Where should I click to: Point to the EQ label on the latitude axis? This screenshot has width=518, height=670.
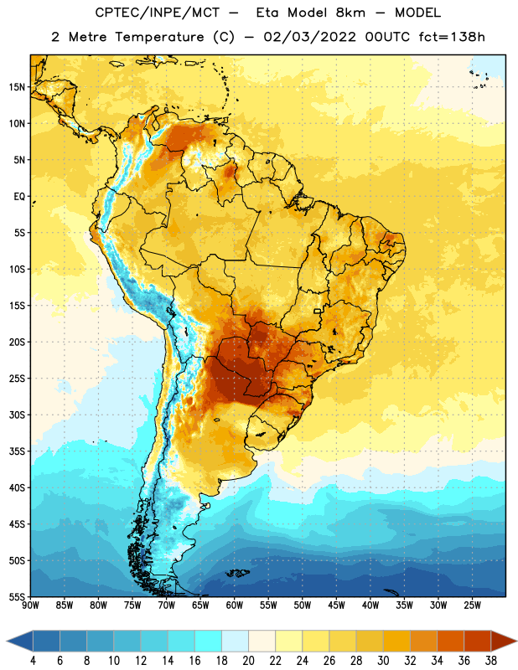pos(19,197)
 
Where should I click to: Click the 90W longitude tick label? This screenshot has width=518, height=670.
pos(31,606)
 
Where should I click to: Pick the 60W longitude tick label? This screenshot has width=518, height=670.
pos(235,606)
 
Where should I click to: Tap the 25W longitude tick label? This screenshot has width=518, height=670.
pos(472,606)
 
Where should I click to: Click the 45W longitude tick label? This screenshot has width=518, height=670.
pos(336,606)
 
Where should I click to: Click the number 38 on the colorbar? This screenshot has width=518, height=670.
pos(491,661)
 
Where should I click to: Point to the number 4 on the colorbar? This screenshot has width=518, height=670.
pos(33,661)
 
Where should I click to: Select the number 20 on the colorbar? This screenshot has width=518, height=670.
pos(248,661)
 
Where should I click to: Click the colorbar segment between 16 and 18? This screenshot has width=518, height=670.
pos(208,642)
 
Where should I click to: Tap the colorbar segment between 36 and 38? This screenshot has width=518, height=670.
pos(478,642)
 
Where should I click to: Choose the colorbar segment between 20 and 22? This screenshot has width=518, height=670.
pos(262,642)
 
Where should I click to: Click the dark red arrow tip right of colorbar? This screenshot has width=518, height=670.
pos(504,642)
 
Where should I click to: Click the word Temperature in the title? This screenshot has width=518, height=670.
pos(159,37)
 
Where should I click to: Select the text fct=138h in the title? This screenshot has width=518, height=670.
pos(452,37)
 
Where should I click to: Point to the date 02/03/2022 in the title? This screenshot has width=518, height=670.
pos(309,37)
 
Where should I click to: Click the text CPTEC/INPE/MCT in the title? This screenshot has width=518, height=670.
pos(157,13)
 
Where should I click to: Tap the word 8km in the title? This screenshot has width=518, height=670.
pos(350,13)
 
